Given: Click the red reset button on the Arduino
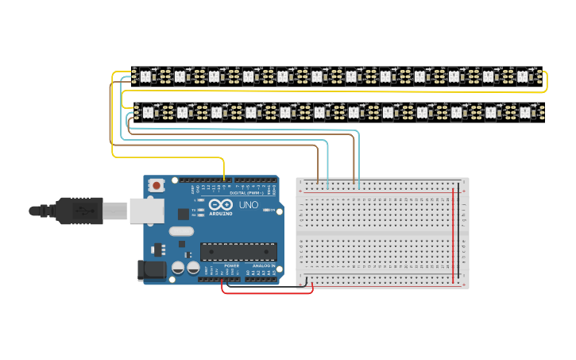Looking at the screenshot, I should click(x=157, y=185).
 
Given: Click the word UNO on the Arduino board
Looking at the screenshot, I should click(x=248, y=205).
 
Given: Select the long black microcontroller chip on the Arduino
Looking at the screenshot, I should click(x=238, y=252).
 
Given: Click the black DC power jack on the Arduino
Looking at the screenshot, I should click(x=151, y=270).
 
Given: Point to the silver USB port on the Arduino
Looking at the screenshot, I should click(x=147, y=211).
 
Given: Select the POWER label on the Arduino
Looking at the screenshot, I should click(x=231, y=265).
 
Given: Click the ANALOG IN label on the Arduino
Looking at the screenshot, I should click(x=264, y=265).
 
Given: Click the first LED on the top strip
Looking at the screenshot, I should click(x=145, y=76).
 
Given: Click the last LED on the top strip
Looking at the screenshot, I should click(x=523, y=76).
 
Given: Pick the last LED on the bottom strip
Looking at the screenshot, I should click(x=525, y=112).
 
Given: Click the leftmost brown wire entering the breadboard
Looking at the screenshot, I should click(x=318, y=167).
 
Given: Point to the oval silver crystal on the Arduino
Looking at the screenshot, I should click(x=181, y=231).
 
